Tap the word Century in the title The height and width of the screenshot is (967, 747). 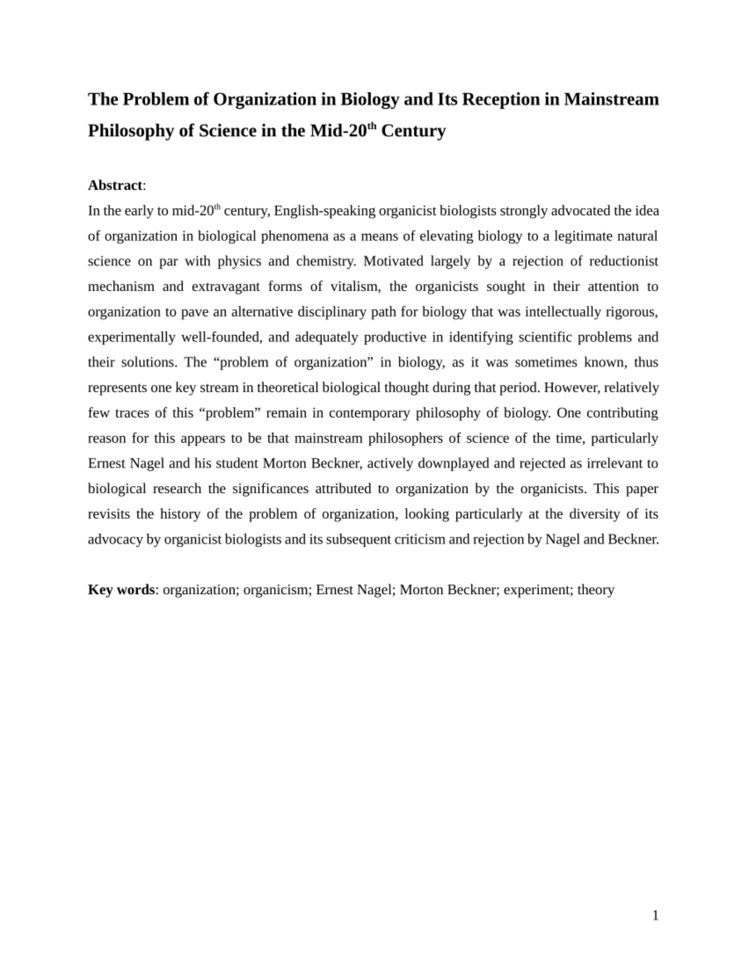tap(413, 131)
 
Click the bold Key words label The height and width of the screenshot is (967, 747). tap(121, 590)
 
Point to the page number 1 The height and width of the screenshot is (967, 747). tap(655, 915)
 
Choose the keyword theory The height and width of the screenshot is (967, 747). tap(596, 590)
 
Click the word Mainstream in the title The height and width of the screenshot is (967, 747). tap(611, 99)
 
